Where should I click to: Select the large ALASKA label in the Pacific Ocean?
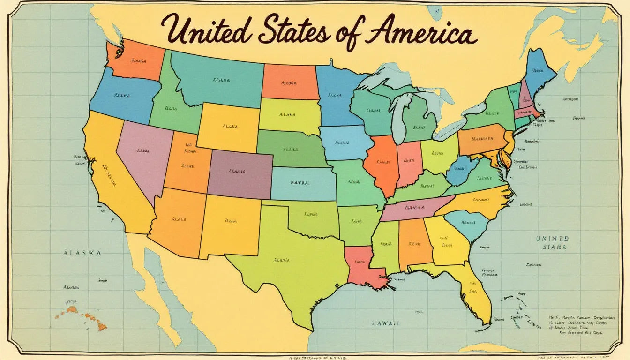coord(82,253)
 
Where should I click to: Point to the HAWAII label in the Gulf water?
coord(386,323)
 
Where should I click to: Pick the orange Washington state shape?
coord(136,60)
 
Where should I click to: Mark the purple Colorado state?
coord(240,173)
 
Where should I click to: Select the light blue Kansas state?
coord(302,183)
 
